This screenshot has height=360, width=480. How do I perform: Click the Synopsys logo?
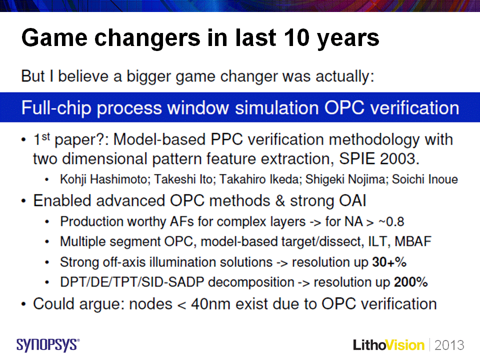coord(48,345)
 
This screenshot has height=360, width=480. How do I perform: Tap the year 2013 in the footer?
coord(449,345)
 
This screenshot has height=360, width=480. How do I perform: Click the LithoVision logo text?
coord(388,345)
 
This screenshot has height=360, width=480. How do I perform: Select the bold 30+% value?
coord(389,262)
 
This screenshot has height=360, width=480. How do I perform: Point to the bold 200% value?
coord(410,282)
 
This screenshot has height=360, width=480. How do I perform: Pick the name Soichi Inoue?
coord(425,179)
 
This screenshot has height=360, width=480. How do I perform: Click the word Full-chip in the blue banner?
coord(56,108)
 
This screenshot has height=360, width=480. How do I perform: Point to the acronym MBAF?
coord(413,241)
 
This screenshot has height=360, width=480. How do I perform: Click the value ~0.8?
coord(391,221)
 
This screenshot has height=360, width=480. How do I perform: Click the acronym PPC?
coord(226,139)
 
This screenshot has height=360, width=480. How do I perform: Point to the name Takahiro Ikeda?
coord(261,179)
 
